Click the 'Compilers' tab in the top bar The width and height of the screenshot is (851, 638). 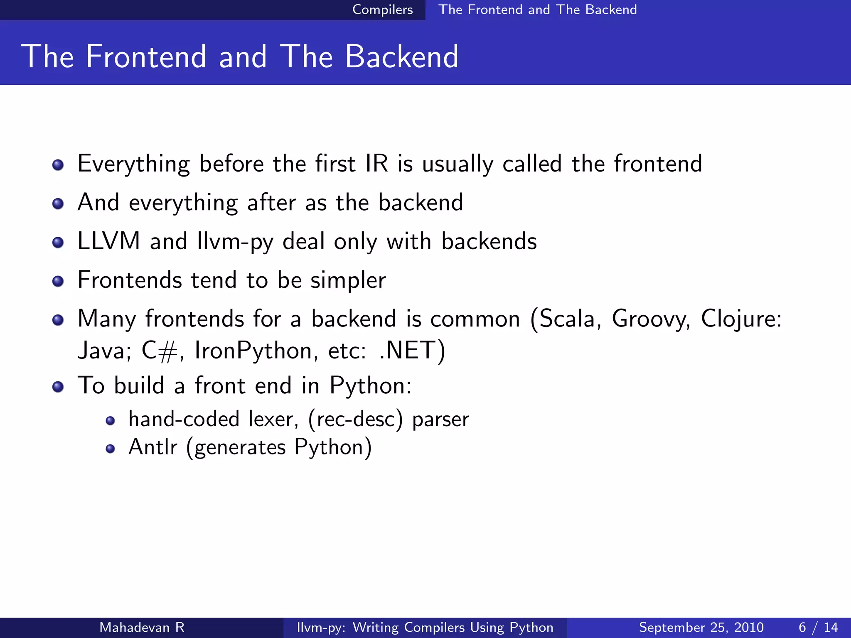(382, 10)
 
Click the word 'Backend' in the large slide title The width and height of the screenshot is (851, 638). (401, 56)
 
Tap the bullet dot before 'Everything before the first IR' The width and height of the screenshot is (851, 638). (58, 165)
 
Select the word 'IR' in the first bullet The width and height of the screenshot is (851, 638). (376, 163)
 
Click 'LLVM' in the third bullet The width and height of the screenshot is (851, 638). (109, 241)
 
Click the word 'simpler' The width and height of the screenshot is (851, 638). (348, 280)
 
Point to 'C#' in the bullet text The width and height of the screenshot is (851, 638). (160, 351)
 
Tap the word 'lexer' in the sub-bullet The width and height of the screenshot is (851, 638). (273, 419)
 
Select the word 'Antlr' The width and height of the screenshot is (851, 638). (153, 447)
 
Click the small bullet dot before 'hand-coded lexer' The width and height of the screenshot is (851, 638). (110, 421)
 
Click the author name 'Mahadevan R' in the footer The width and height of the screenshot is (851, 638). (142, 627)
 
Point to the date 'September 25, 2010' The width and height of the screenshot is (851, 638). (701, 627)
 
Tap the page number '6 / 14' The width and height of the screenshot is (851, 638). (818, 627)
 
